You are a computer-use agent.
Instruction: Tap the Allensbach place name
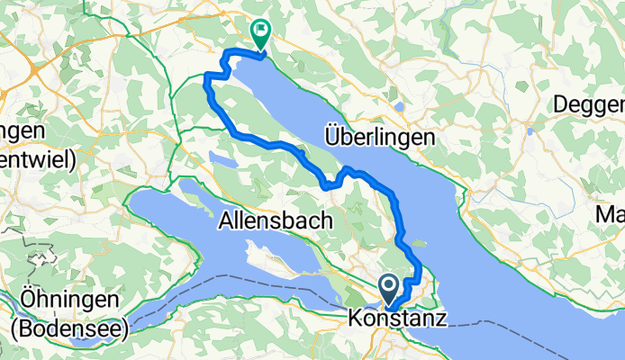(x=276, y=219)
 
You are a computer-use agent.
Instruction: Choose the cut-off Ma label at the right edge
(x=610, y=214)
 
